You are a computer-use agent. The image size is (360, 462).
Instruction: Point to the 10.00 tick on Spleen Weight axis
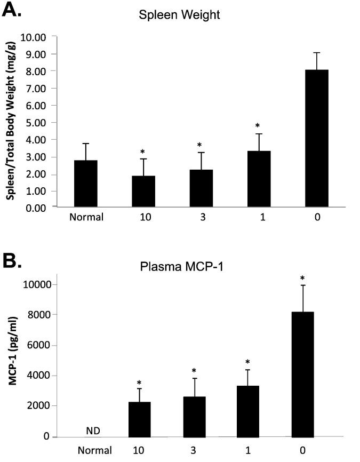pyautogui.click(x=33, y=37)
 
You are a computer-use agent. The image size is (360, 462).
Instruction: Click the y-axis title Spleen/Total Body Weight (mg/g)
pyautogui.click(x=10, y=122)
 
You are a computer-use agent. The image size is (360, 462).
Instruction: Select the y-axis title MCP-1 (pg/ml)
pyautogui.click(x=10, y=360)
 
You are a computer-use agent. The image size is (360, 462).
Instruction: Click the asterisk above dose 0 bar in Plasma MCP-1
pyautogui.click(x=302, y=278)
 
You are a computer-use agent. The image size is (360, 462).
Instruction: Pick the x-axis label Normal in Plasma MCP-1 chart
pyautogui.click(x=94, y=450)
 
